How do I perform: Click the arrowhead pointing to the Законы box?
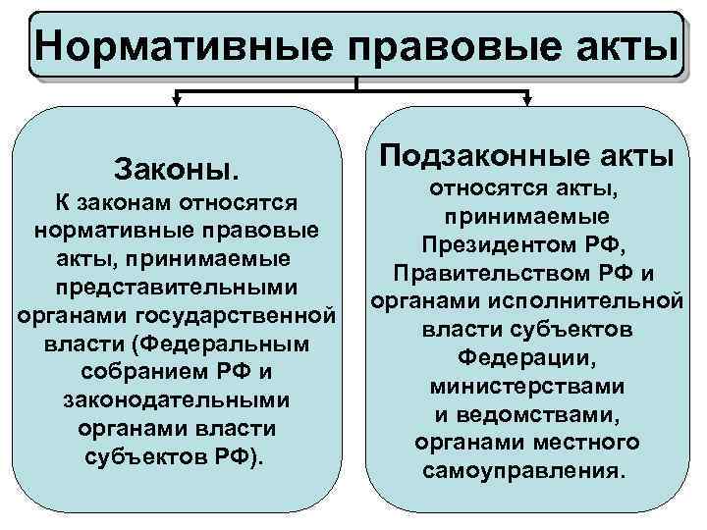[x=178, y=97]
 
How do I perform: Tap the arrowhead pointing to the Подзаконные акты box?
[x=527, y=97]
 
